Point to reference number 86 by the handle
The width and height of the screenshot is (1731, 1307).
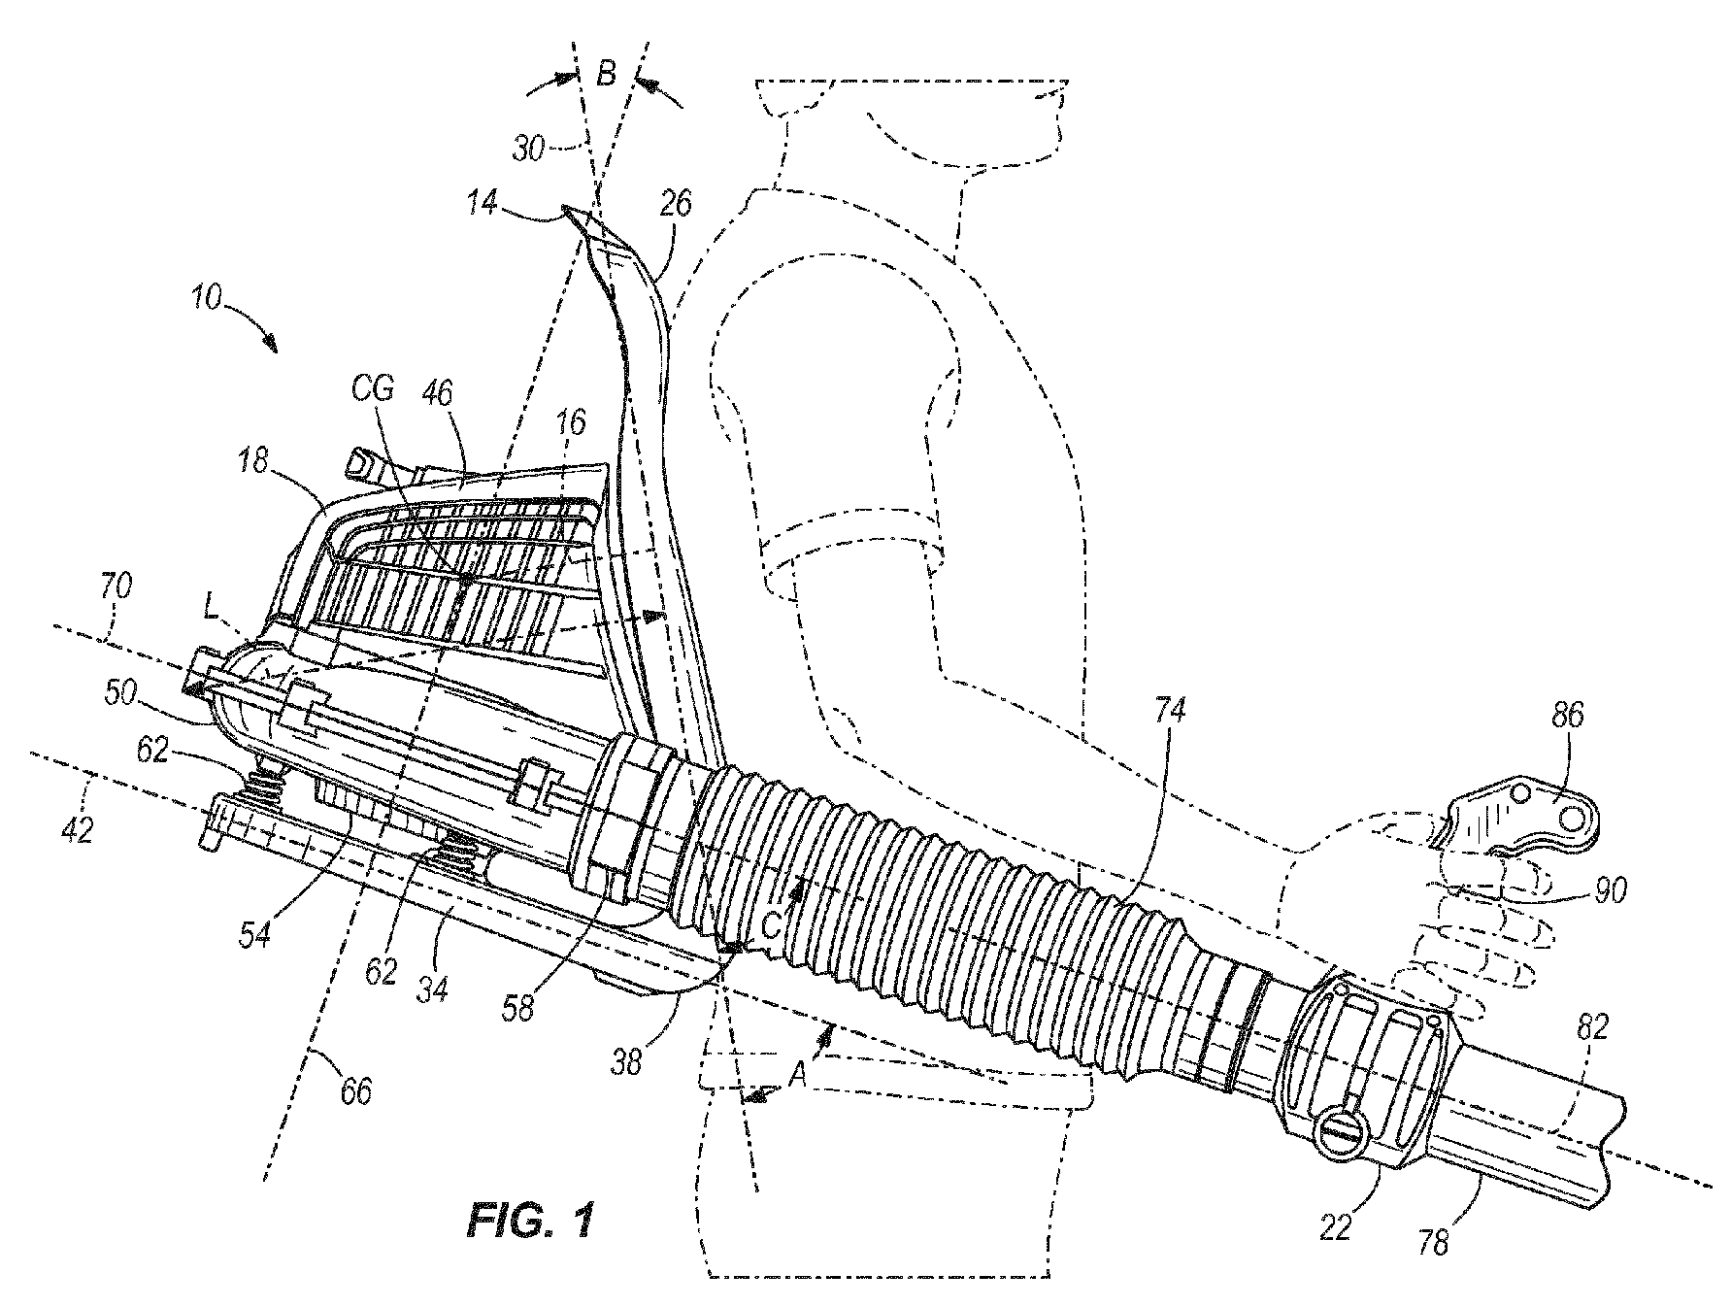[x=1567, y=716]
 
